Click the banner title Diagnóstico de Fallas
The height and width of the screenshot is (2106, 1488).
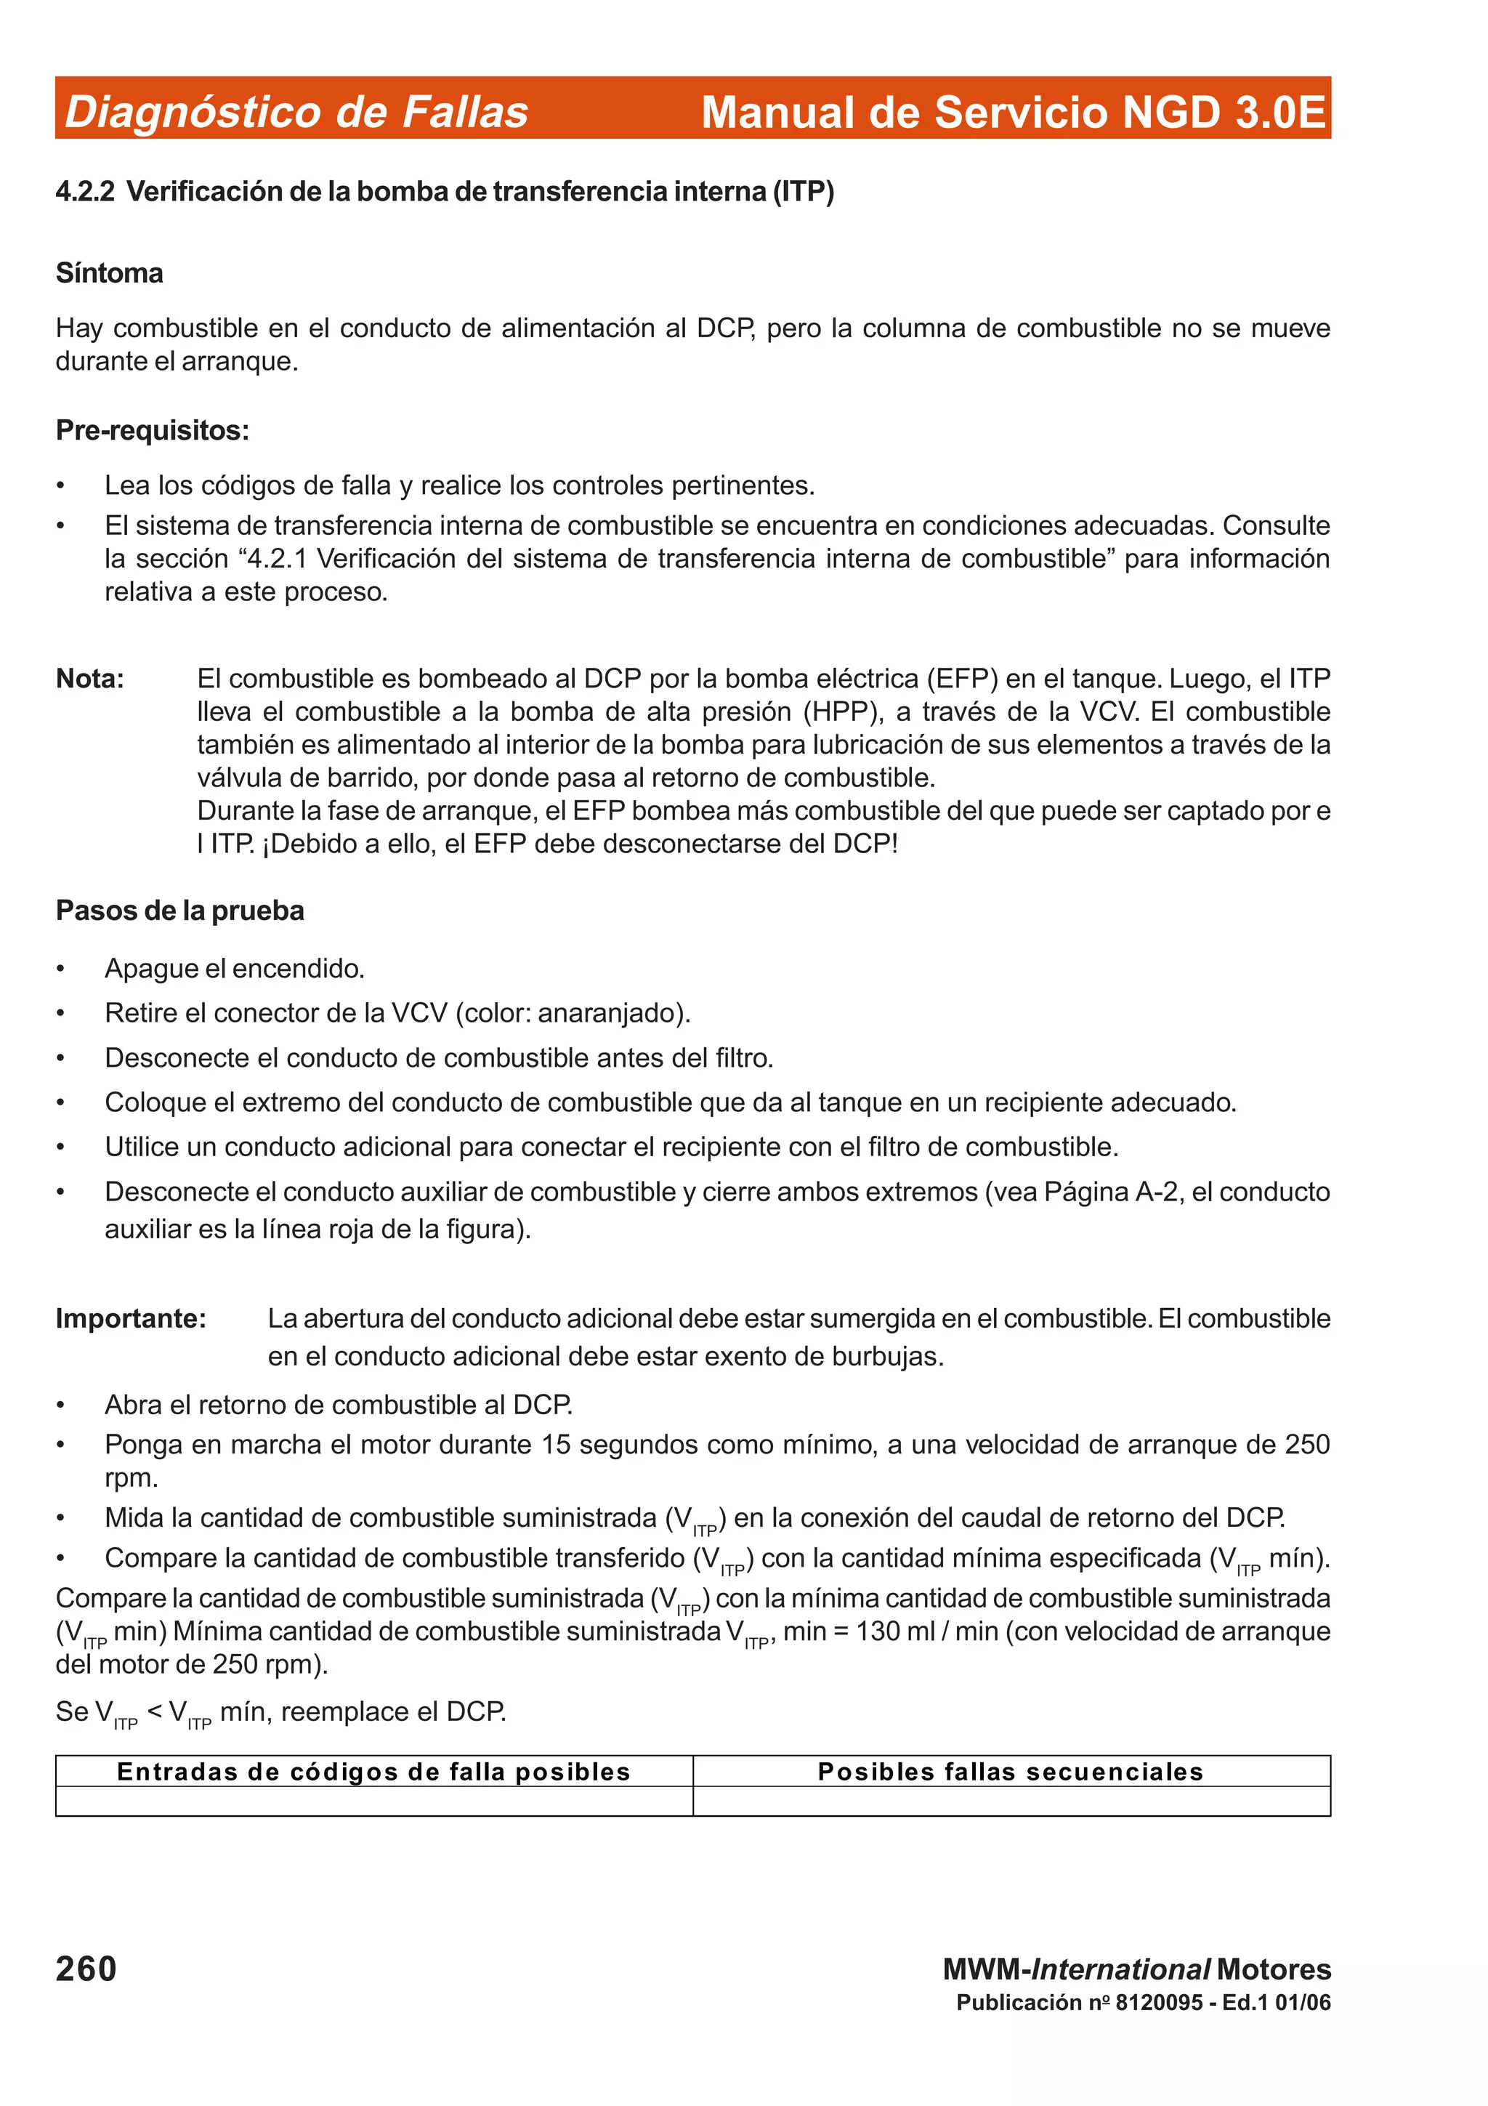296,112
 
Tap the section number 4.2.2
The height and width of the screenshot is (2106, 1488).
84,192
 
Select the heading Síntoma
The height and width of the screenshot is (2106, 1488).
109,273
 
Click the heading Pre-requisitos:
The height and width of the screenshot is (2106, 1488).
152,430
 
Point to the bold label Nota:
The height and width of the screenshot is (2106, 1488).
90,679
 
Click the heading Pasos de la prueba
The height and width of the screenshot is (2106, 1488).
179,911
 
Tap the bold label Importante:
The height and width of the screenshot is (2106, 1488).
131,1318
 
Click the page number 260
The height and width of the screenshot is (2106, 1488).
86,1969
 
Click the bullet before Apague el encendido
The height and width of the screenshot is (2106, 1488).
60,969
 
